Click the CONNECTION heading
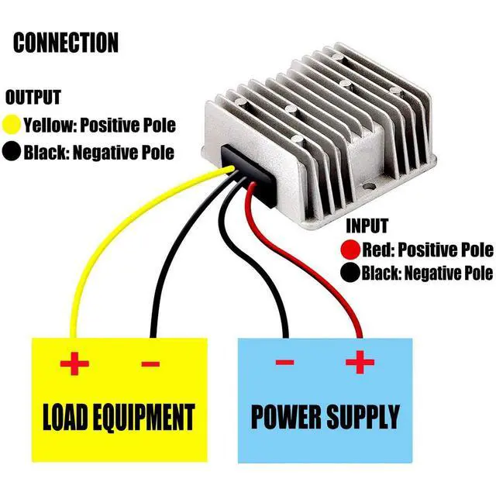pyautogui.click(x=66, y=42)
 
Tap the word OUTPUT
pyautogui.click(x=33, y=98)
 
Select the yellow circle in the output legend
pyautogui.click(x=12, y=124)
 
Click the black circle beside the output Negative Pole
pyautogui.click(x=12, y=151)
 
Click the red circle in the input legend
pyautogui.click(x=350, y=250)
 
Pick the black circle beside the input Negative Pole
pyautogui.click(x=350, y=273)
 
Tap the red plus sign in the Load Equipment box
pyautogui.click(x=74, y=363)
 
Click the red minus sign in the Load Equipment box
pyautogui.click(x=150, y=363)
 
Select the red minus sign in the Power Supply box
pyautogui.click(x=285, y=363)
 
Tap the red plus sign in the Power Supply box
pyautogui.click(x=360, y=362)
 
